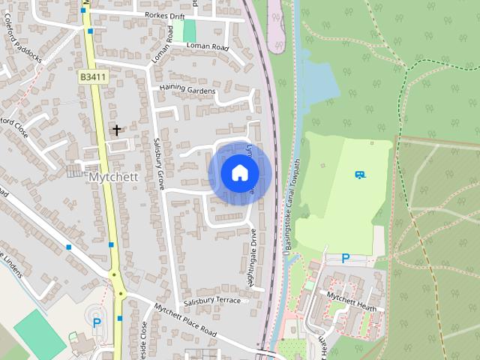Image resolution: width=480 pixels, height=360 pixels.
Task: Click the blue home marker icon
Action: click(x=239, y=172)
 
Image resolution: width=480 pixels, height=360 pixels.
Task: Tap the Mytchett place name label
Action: click(x=115, y=178)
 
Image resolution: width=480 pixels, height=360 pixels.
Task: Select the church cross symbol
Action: click(x=116, y=130)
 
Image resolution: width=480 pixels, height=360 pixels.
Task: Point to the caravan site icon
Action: click(x=360, y=175)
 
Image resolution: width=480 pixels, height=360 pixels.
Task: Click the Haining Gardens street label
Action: click(x=187, y=91)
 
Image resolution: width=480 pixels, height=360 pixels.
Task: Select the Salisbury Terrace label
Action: click(x=212, y=301)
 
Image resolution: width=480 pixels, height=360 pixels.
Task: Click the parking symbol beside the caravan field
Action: click(x=345, y=258)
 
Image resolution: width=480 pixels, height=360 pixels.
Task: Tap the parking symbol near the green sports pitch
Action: click(x=96, y=323)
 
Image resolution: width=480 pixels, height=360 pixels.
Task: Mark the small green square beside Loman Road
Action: click(x=189, y=31)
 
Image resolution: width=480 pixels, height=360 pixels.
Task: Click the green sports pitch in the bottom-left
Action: click(x=39, y=333)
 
